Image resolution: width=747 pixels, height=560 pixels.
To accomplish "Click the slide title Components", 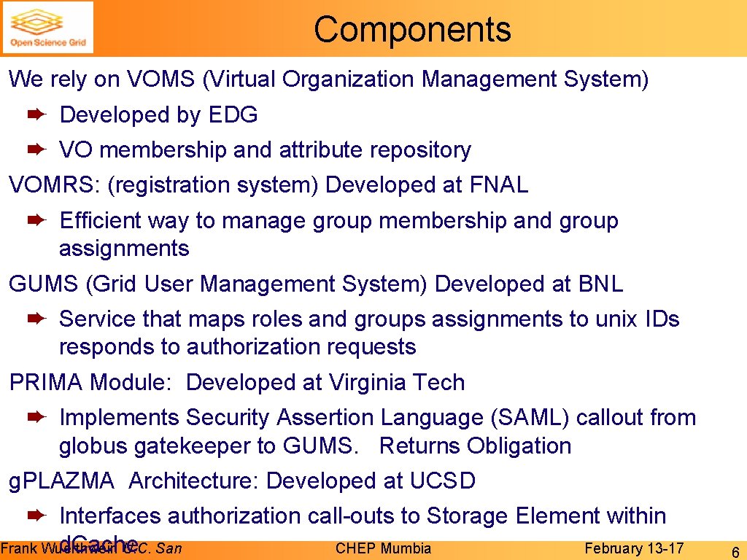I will tap(412, 30).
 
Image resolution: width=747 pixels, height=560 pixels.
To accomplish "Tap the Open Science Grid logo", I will tap(48, 28).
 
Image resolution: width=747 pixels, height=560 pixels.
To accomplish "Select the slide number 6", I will tap(735, 551).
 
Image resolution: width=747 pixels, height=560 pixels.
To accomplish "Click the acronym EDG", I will tap(233, 114).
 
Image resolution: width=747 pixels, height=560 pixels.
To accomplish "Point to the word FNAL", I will tap(499, 185).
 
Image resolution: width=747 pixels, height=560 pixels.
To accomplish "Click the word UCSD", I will tap(442, 481).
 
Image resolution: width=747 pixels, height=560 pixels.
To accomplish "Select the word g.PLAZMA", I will tap(61, 481).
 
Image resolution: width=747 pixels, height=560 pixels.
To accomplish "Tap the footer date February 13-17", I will tap(634, 548).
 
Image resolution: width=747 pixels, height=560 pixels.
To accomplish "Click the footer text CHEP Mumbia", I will tap(383, 548).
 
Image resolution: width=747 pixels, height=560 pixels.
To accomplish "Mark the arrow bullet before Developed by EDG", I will tap(36, 114).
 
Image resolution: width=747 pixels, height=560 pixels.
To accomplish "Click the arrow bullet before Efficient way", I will tap(36, 220).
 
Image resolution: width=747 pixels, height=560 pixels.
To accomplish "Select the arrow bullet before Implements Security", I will tap(36, 417).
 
